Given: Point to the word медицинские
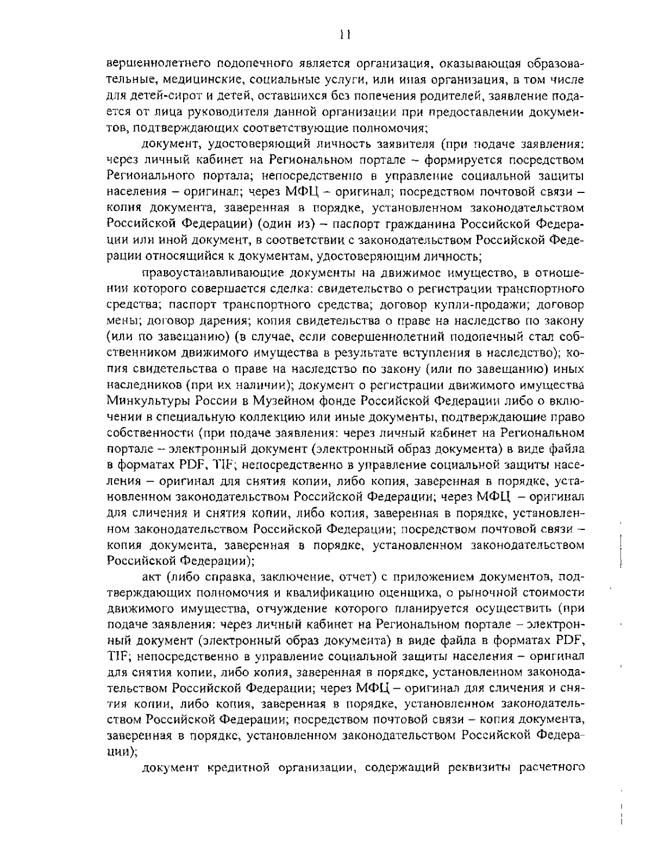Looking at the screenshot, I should (x=196, y=80).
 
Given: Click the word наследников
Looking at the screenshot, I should (x=143, y=385).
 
